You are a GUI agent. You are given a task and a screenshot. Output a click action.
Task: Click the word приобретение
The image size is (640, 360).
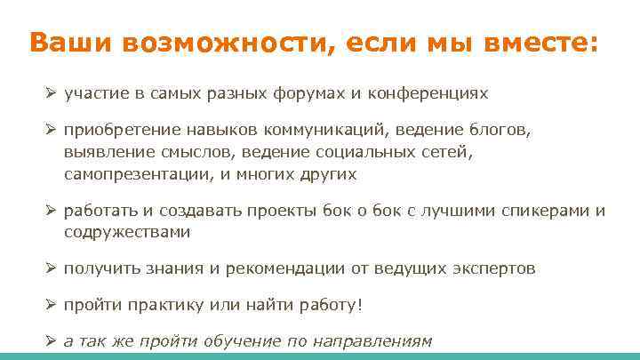pyautogui.click(x=113, y=131)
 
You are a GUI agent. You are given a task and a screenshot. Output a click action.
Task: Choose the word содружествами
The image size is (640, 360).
pyautogui.click(x=127, y=232)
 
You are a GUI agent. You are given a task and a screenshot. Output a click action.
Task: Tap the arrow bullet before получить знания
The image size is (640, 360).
pyautogui.click(x=51, y=268)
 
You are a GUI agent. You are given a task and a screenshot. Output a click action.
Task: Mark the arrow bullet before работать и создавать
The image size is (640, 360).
pyautogui.click(x=51, y=212)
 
